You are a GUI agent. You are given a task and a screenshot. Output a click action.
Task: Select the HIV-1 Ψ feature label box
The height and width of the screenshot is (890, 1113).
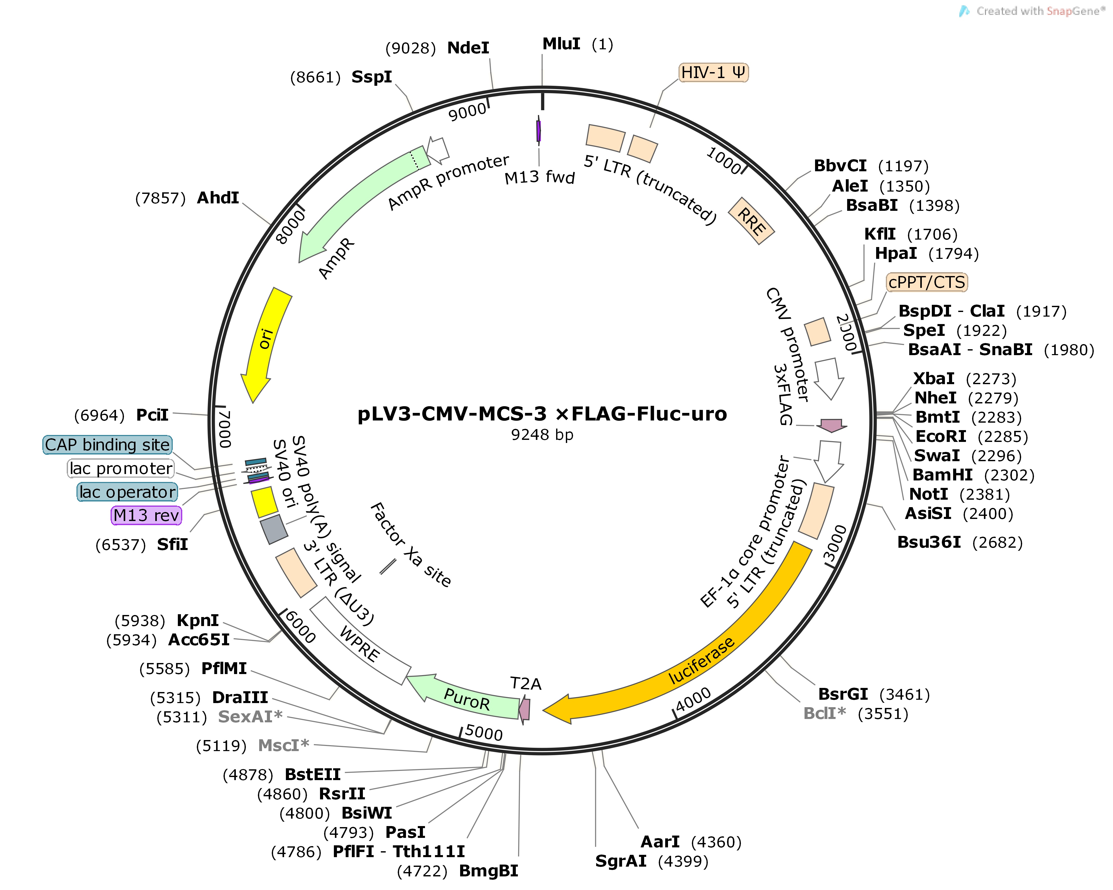click(713, 72)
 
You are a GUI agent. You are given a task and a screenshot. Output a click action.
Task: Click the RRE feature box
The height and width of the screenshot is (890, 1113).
click(751, 221)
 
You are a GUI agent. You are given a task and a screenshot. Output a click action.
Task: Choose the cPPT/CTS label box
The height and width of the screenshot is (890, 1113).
click(927, 282)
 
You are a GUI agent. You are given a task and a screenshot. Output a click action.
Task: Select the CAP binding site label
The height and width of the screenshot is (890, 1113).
click(107, 445)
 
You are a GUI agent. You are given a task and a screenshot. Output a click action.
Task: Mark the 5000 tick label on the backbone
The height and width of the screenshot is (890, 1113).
click(484, 732)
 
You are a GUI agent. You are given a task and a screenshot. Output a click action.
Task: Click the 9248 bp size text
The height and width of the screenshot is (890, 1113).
click(542, 435)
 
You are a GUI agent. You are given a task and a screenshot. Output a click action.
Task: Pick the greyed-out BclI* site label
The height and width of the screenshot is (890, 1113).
click(825, 713)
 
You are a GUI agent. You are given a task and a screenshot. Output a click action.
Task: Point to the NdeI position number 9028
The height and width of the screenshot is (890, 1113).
click(410, 48)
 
